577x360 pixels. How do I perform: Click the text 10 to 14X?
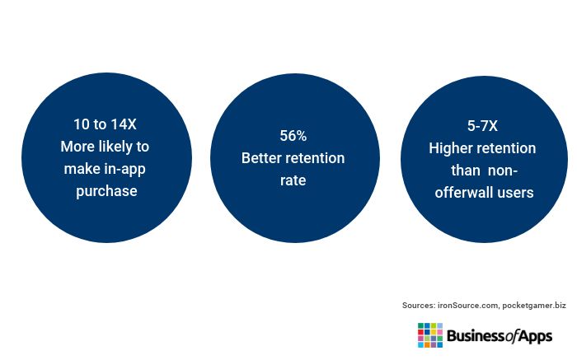click(x=105, y=124)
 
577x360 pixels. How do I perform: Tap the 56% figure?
click(x=293, y=136)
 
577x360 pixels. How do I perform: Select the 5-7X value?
click(x=482, y=126)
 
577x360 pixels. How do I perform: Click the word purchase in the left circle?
click(x=106, y=192)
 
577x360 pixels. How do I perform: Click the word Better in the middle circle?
click(x=261, y=158)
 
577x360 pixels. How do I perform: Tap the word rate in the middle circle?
click(x=293, y=180)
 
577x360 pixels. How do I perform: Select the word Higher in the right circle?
click(x=449, y=148)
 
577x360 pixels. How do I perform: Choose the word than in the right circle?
click(x=466, y=171)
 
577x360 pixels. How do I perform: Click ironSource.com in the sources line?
click(x=468, y=305)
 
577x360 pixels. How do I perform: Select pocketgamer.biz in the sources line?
click(x=534, y=305)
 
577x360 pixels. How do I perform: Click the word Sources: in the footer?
click(x=419, y=305)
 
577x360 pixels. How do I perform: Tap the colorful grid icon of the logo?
click(x=430, y=335)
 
